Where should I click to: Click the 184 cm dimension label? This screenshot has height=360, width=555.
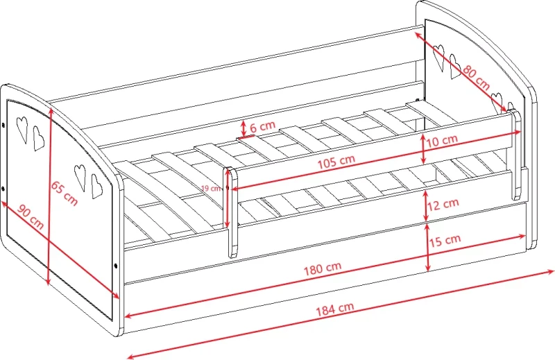334,309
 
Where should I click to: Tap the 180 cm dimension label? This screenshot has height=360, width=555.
323,268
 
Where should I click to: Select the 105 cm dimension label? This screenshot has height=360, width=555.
336,162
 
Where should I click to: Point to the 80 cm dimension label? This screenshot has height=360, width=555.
477,78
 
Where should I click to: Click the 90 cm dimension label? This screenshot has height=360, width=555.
31,217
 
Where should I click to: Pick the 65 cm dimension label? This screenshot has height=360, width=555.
64,194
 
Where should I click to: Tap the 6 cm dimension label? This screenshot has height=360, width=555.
262,126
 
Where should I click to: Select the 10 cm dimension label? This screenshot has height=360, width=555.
441,141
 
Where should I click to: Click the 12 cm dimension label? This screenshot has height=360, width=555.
443,204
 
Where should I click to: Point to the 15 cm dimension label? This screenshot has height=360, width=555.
445,241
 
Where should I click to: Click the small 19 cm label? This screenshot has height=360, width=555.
211,188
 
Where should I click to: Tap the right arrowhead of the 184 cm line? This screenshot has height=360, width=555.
550,272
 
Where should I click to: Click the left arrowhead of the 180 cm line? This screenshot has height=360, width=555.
128,315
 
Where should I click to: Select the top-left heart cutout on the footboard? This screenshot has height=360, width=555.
22,129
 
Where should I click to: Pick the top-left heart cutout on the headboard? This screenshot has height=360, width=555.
439,57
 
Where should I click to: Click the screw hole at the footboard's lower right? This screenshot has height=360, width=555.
116,266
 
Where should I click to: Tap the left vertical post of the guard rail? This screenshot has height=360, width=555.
231,212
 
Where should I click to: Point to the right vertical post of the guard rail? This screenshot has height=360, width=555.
515,155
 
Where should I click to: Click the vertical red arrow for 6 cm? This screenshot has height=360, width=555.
244,128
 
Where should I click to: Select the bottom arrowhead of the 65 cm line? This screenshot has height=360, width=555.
49,282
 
